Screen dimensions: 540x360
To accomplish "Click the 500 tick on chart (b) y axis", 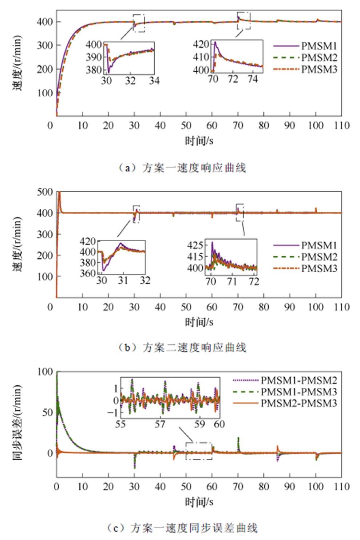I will [x=45, y=192].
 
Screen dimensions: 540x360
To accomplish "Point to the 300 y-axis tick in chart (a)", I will [x=45, y=45].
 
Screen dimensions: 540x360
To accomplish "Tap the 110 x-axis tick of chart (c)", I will [x=341, y=487].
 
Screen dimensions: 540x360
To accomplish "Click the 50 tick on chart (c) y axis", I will [x=48, y=412].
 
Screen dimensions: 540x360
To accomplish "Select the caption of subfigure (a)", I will [x=182, y=168].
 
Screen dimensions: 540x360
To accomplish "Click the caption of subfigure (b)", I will [x=182, y=348].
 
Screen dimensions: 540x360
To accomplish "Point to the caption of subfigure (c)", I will [x=182, y=527].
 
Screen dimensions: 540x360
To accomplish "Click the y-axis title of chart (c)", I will [x=17, y=422].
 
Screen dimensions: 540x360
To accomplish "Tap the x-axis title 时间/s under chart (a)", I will [x=199, y=140].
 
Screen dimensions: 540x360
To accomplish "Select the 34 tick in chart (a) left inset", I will [x=154, y=80].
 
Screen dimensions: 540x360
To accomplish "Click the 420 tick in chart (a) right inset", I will [x=201, y=44].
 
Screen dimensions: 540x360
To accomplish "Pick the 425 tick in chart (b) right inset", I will [x=195, y=245].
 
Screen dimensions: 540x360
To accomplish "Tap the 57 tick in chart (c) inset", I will [x=160, y=424].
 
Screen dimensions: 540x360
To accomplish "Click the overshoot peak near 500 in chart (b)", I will [x=59, y=194].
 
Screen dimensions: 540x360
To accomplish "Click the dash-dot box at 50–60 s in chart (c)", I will [x=199, y=451].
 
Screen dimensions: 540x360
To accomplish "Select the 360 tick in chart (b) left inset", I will [x=88, y=273].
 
